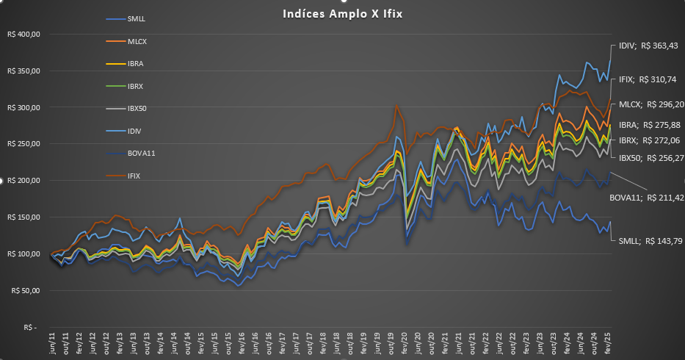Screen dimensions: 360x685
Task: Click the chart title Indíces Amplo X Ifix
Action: point(341,13)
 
